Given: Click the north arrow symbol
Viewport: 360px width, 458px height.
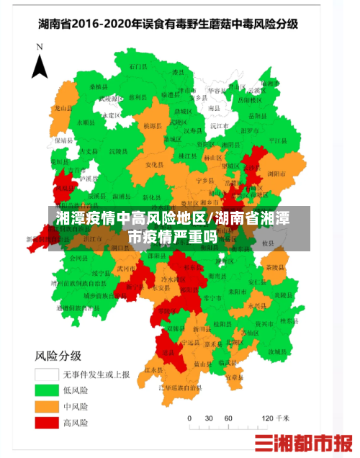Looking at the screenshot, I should click(40, 60).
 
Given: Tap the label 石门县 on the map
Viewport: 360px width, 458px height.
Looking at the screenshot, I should click(138, 66).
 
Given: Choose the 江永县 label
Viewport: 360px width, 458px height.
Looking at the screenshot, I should click(151, 370).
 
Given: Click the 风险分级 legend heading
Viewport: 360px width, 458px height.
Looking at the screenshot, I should click(58, 356).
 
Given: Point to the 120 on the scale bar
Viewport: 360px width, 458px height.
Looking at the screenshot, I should click(266, 418).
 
